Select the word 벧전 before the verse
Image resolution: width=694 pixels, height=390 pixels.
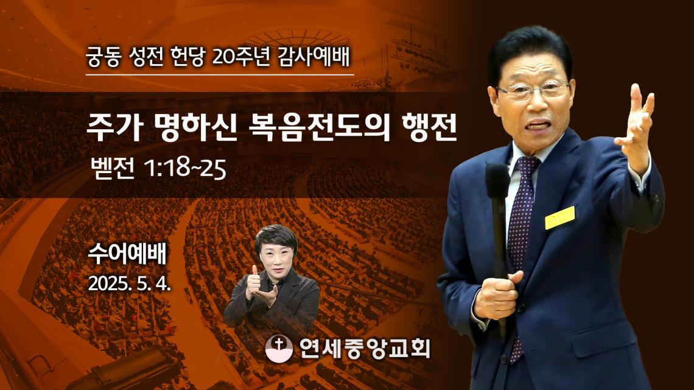(112, 169)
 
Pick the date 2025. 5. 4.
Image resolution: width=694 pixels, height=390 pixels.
(129, 283)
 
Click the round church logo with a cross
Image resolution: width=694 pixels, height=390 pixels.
(279, 349)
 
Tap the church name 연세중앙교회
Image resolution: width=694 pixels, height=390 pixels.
(365, 349)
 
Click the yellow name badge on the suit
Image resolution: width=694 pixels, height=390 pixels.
(560, 218)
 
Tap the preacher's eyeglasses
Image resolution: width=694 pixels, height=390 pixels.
(533, 90)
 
